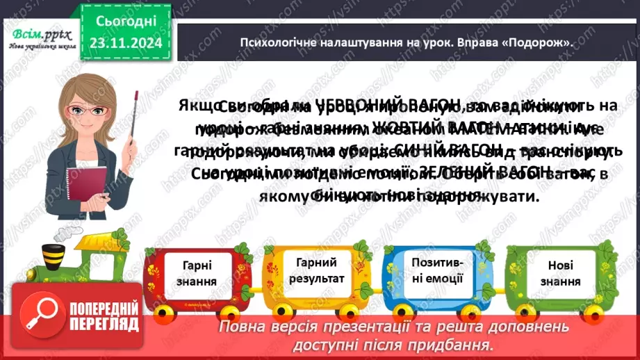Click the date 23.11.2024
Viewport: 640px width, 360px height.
click(125, 44)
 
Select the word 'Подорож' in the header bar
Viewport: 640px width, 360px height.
click(542, 42)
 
